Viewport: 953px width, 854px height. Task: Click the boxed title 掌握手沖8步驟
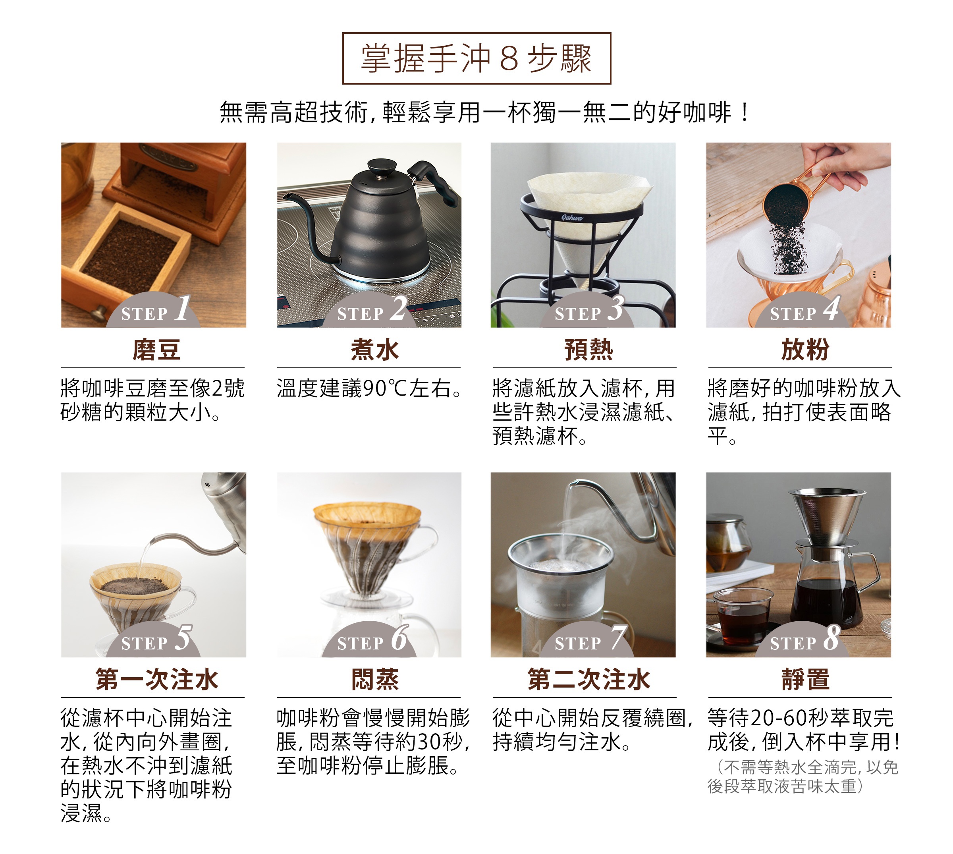(476, 58)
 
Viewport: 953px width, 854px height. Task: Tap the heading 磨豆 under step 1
(156, 350)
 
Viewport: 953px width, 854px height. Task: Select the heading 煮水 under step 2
(375, 350)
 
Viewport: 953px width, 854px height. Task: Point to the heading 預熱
(588, 350)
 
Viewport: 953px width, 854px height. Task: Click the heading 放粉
(805, 350)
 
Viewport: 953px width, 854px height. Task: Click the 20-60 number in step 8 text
(780, 718)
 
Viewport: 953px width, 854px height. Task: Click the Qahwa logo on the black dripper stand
(572, 218)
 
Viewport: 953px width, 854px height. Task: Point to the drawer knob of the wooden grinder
(99, 311)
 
